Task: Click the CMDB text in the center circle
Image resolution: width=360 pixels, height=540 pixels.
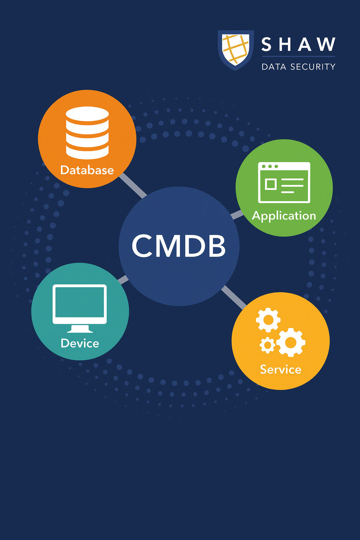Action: pyautogui.click(x=179, y=246)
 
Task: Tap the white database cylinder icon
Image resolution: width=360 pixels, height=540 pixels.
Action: pyautogui.click(x=87, y=133)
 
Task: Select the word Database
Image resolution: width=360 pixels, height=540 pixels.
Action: pyautogui.click(x=87, y=170)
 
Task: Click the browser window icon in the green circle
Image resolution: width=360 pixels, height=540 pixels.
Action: pyautogui.click(x=284, y=182)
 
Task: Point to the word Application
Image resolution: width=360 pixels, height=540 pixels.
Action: pyautogui.click(x=284, y=216)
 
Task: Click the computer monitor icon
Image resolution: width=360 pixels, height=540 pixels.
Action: pyautogui.click(x=80, y=304)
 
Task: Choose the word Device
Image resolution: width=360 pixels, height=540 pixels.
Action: pyautogui.click(x=80, y=343)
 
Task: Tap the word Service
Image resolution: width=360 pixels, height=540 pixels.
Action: pyautogui.click(x=281, y=369)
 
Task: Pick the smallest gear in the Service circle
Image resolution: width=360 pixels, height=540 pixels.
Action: pyautogui.click(x=268, y=345)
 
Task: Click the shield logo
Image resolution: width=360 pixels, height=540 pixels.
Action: pyautogui.click(x=236, y=49)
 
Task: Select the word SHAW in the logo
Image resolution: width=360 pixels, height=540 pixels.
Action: pyautogui.click(x=298, y=45)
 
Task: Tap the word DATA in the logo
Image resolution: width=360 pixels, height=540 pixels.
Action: pyautogui.click(x=274, y=67)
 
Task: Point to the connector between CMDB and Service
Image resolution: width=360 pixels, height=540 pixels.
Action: pyautogui.click(x=234, y=297)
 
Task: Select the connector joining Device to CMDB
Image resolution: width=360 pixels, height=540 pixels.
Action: pyautogui.click(x=123, y=280)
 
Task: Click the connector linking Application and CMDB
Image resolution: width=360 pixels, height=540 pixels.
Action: pyautogui.click(x=237, y=214)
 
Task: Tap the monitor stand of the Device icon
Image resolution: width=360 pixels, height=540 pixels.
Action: pyautogui.click(x=80, y=329)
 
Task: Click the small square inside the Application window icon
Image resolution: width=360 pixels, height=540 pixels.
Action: pyautogui.click(x=271, y=184)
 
